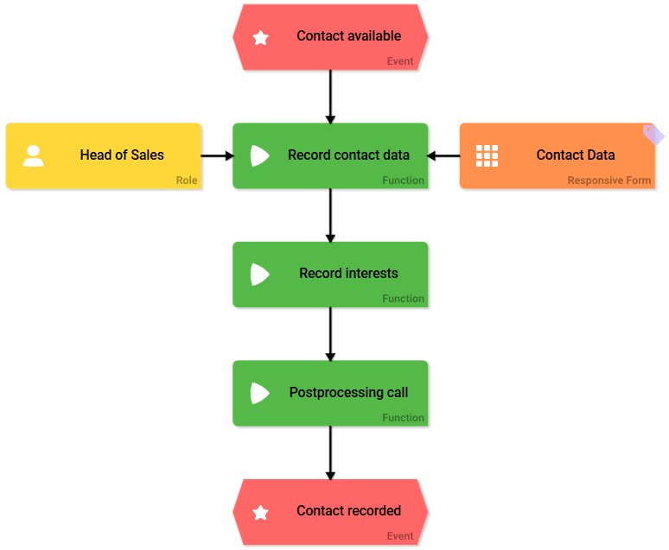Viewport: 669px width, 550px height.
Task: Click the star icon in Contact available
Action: pos(260,37)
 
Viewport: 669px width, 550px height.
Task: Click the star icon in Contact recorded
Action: pos(260,512)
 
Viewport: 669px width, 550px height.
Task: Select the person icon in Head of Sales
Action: pos(34,155)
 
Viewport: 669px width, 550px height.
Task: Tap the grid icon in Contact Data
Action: pos(487,155)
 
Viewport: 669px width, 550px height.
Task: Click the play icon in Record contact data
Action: pos(259,155)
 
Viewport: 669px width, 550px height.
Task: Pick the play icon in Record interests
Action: pos(259,275)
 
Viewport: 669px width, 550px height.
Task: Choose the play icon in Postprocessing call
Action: pos(259,393)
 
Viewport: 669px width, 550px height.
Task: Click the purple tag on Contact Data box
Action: pos(654,134)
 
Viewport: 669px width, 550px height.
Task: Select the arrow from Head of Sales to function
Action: pos(217,155)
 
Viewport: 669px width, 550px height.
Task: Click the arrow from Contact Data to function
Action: pos(443,155)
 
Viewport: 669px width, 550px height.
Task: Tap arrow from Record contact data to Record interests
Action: pos(330,215)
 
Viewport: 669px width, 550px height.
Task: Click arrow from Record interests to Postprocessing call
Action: pos(330,333)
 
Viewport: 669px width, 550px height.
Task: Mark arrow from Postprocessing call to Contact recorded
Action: pos(330,452)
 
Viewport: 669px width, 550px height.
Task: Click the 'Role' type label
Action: pos(187,180)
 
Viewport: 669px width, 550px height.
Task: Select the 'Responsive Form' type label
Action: pos(609,180)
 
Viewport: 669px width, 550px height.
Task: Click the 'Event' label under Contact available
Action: pos(400,61)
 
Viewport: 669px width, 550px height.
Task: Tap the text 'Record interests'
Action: pos(348,274)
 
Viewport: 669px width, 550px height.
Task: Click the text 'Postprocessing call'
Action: pos(348,393)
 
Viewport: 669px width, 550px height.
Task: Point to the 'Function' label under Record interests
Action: pos(404,299)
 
